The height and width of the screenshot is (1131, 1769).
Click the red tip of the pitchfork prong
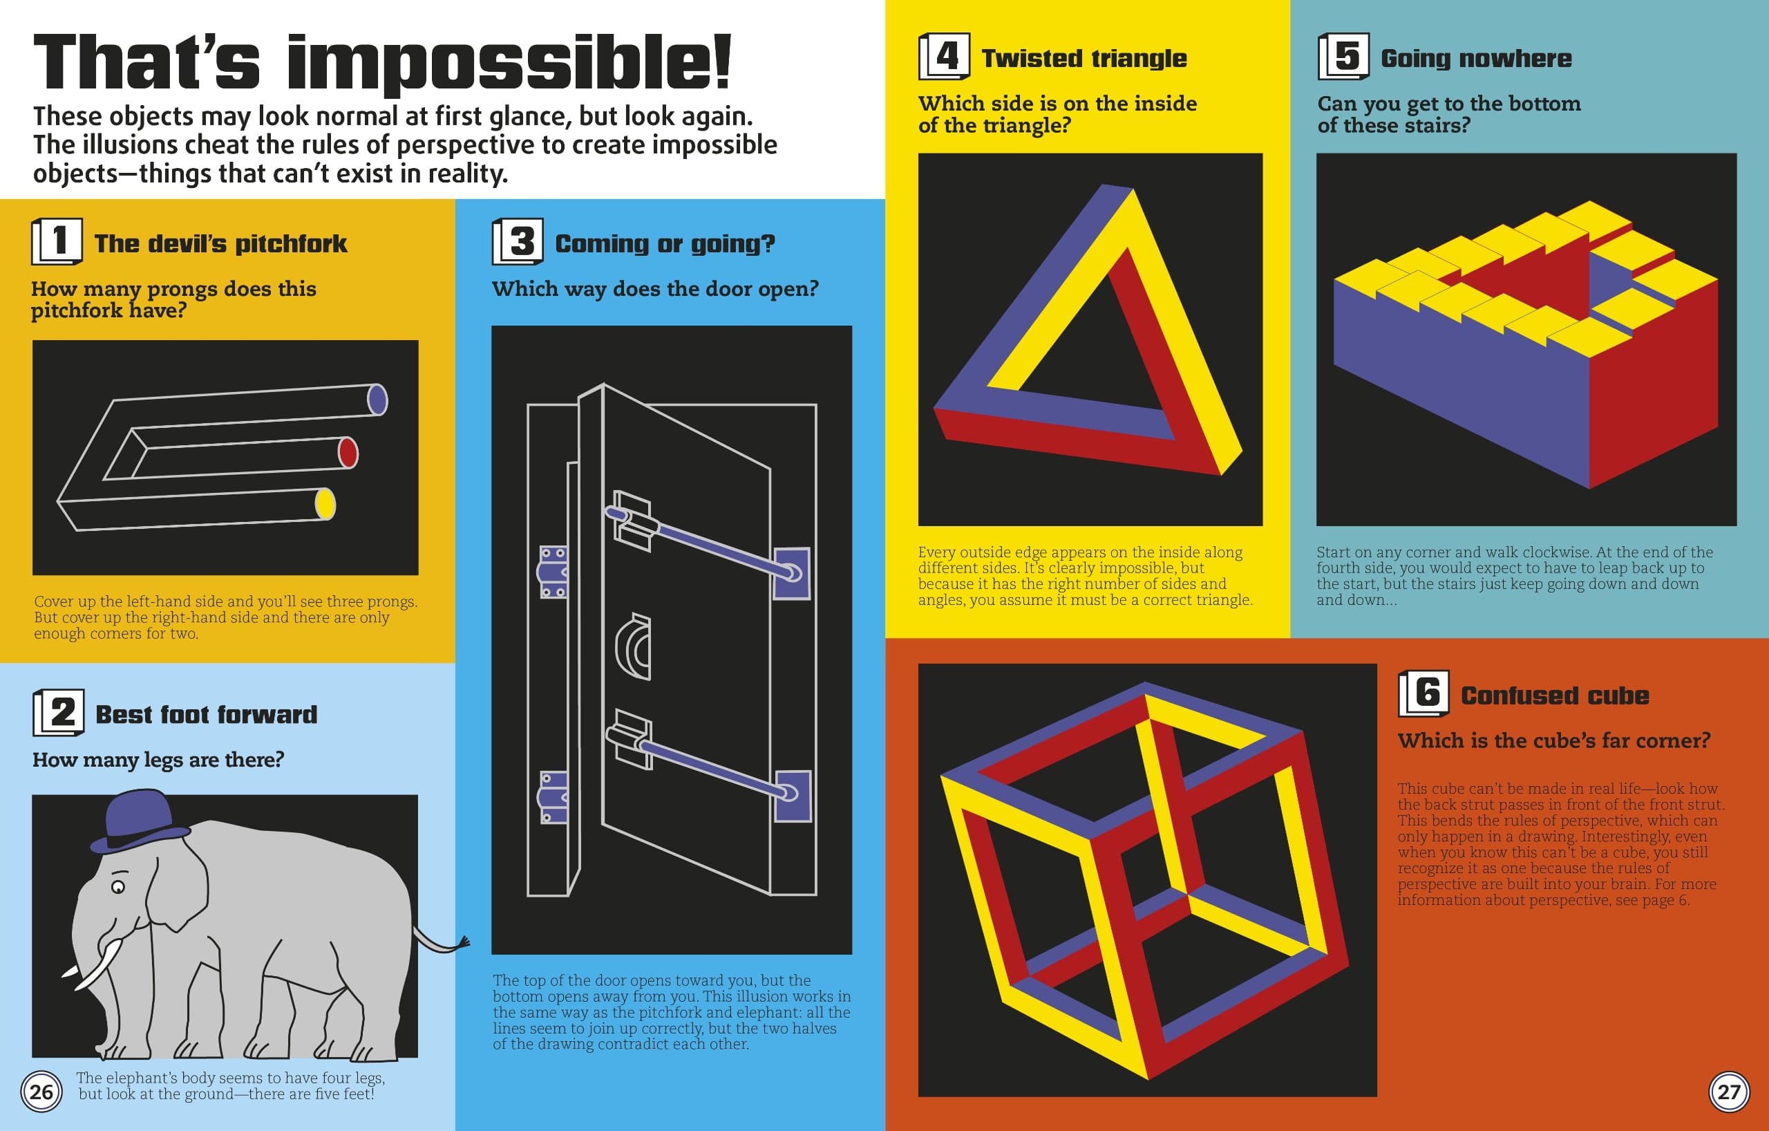(348, 453)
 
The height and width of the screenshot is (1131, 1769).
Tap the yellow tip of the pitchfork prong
(325, 504)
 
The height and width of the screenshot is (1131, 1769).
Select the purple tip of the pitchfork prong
(377, 400)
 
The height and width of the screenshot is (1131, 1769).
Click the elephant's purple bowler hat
(138, 823)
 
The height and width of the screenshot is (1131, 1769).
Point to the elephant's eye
(117, 887)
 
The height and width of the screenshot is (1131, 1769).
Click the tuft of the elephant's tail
(463, 943)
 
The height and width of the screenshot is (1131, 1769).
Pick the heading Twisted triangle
(1084, 58)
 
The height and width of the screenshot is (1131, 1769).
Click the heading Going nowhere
(1476, 58)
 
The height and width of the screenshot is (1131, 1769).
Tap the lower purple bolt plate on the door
(793, 796)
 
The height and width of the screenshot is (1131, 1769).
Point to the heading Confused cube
(1555, 695)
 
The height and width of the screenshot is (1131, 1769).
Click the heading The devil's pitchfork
(220, 243)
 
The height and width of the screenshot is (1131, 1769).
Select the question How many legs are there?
(158, 759)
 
